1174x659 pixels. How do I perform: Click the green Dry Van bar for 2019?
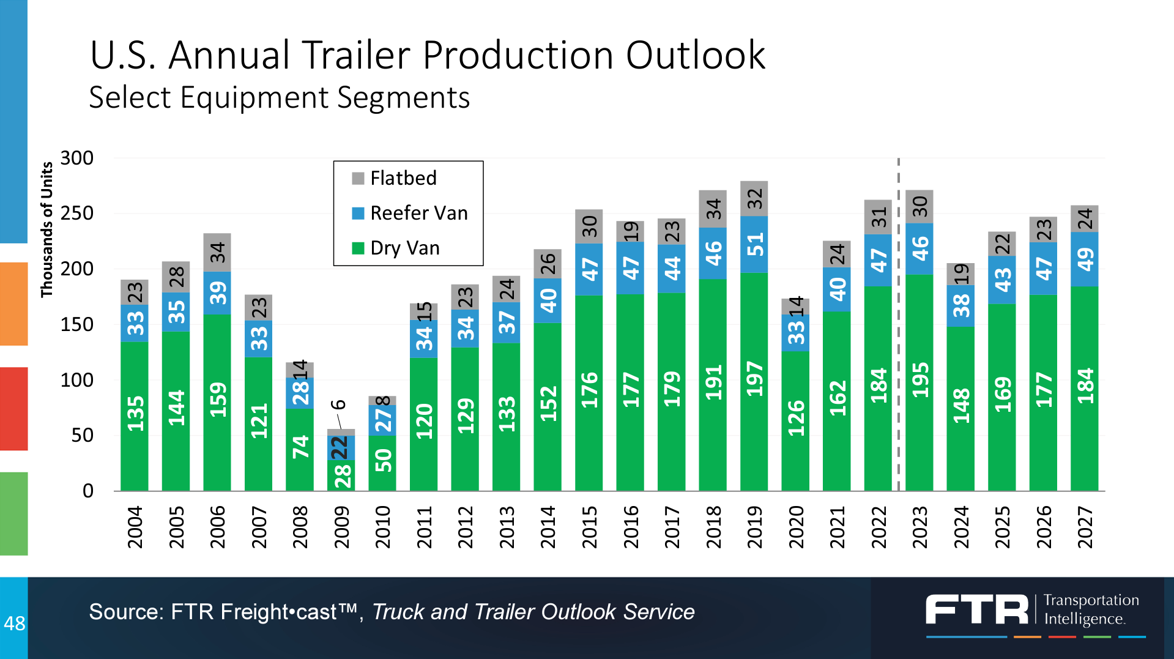coord(754,428)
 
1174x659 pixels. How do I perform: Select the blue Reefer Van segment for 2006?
coord(217,293)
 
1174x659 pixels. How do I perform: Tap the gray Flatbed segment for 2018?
coord(713,209)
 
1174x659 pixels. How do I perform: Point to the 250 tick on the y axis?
coord(77,214)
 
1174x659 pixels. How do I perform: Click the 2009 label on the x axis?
coord(341,527)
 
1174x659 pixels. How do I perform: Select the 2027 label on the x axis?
coord(1085,527)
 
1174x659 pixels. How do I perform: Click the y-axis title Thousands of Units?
coord(46,229)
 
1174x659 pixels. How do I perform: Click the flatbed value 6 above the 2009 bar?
coord(338,404)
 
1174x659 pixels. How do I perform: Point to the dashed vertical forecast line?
coord(898,367)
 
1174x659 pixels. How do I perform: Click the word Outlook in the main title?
coord(695,55)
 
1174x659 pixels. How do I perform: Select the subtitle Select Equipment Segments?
coord(279,97)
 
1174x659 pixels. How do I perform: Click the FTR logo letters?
coord(976,610)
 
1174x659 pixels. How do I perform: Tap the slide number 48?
coord(14,624)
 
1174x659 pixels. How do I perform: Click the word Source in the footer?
coord(125,612)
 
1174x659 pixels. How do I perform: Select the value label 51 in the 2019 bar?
coord(754,244)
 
